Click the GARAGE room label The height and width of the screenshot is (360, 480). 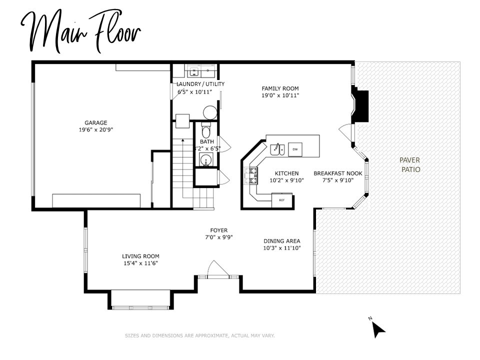[95, 122]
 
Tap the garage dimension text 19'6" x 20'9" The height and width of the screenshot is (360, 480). [95, 129]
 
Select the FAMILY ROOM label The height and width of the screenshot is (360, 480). [280, 88]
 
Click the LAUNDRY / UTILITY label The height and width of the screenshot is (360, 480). [200, 84]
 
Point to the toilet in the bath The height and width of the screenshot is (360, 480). [206, 132]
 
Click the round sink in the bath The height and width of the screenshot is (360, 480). [205, 160]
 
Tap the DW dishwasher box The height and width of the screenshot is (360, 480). [295, 149]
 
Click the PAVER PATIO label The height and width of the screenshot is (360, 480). [410, 164]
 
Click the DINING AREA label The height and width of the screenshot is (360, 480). [282, 240]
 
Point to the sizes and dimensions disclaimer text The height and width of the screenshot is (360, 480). [199, 336]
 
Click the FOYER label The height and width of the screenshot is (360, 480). [219, 230]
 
